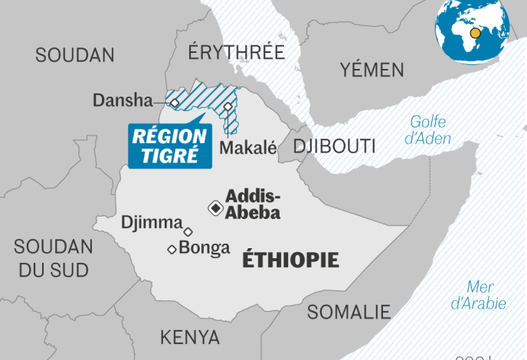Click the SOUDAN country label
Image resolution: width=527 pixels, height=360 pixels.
pyautogui.click(x=74, y=55)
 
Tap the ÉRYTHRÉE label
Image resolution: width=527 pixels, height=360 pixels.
pyautogui.click(x=236, y=53)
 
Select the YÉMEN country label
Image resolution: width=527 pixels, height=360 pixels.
pyautogui.click(x=372, y=70)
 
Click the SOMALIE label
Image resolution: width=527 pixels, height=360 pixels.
pyautogui.click(x=349, y=312)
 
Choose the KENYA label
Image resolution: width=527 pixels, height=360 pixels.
pyautogui.click(x=189, y=337)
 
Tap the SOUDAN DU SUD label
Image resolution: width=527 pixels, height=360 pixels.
pyautogui.click(x=54, y=258)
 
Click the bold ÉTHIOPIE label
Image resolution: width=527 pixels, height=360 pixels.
pyautogui.click(x=290, y=260)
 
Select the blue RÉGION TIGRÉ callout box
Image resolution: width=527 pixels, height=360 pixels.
pyautogui.click(x=169, y=146)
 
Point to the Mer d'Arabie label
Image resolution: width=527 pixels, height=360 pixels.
pyautogui.click(x=480, y=295)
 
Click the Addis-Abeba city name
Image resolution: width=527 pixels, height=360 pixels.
pyautogui.click(x=252, y=205)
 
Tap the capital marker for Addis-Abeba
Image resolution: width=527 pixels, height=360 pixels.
pyautogui.click(x=216, y=208)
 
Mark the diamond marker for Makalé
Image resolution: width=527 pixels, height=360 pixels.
pyautogui.click(x=228, y=106)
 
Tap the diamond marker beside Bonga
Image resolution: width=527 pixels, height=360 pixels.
pyautogui.click(x=172, y=248)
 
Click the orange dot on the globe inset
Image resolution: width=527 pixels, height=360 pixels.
pyautogui.click(x=476, y=33)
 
